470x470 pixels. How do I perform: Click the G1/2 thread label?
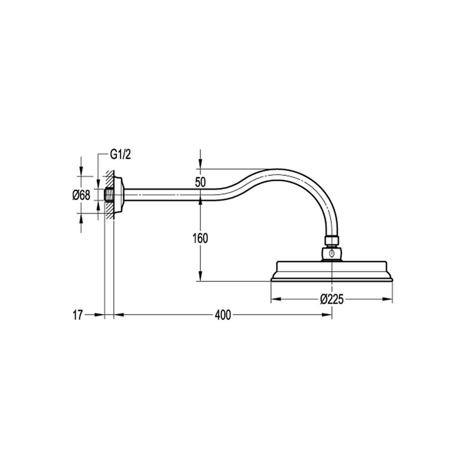coord(120,155)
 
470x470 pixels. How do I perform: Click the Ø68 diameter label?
coord(81,195)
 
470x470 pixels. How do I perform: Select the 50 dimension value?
coord(200,182)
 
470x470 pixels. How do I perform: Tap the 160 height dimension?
coord(200,238)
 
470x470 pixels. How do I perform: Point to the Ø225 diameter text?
coord(332,299)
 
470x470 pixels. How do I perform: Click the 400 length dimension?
coord(223,315)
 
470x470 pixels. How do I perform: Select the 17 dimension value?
coord(78,315)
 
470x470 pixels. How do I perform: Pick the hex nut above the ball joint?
coord(332,240)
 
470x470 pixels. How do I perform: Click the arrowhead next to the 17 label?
coord(99,315)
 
